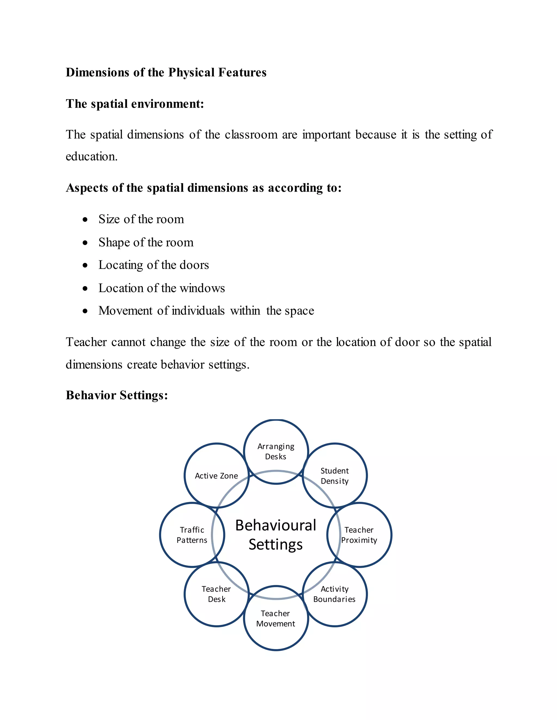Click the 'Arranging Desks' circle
[x=276, y=451]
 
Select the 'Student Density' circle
[x=335, y=476]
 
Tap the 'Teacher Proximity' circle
[x=359, y=535]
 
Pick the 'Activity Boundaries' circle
[x=334, y=594]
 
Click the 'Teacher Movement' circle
[x=276, y=618]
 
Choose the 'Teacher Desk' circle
[x=216, y=594]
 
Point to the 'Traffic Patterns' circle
[x=192, y=535]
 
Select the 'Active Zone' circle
[x=216, y=476]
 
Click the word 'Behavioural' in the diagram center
[x=276, y=525]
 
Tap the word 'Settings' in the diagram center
[x=276, y=544]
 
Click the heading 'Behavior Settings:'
[x=117, y=395]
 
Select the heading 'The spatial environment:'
[x=135, y=104]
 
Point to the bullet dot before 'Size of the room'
[x=85, y=220]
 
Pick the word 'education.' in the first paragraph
[x=91, y=156]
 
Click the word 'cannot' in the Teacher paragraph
[x=128, y=342]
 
